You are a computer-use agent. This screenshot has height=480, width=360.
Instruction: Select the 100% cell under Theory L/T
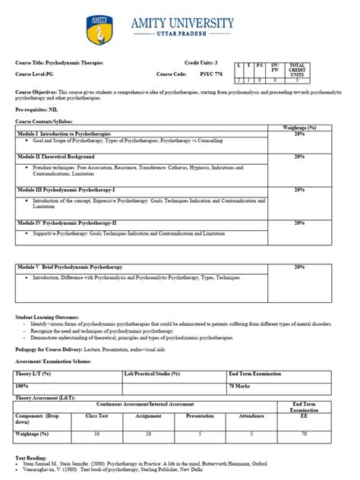(27, 387)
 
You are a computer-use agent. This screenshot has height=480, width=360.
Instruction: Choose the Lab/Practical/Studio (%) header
(152, 374)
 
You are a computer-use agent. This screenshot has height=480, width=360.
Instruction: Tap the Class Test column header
(96, 417)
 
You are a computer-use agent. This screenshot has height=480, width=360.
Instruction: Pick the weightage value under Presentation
(200, 433)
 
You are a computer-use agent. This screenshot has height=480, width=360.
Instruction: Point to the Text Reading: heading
(32, 459)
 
